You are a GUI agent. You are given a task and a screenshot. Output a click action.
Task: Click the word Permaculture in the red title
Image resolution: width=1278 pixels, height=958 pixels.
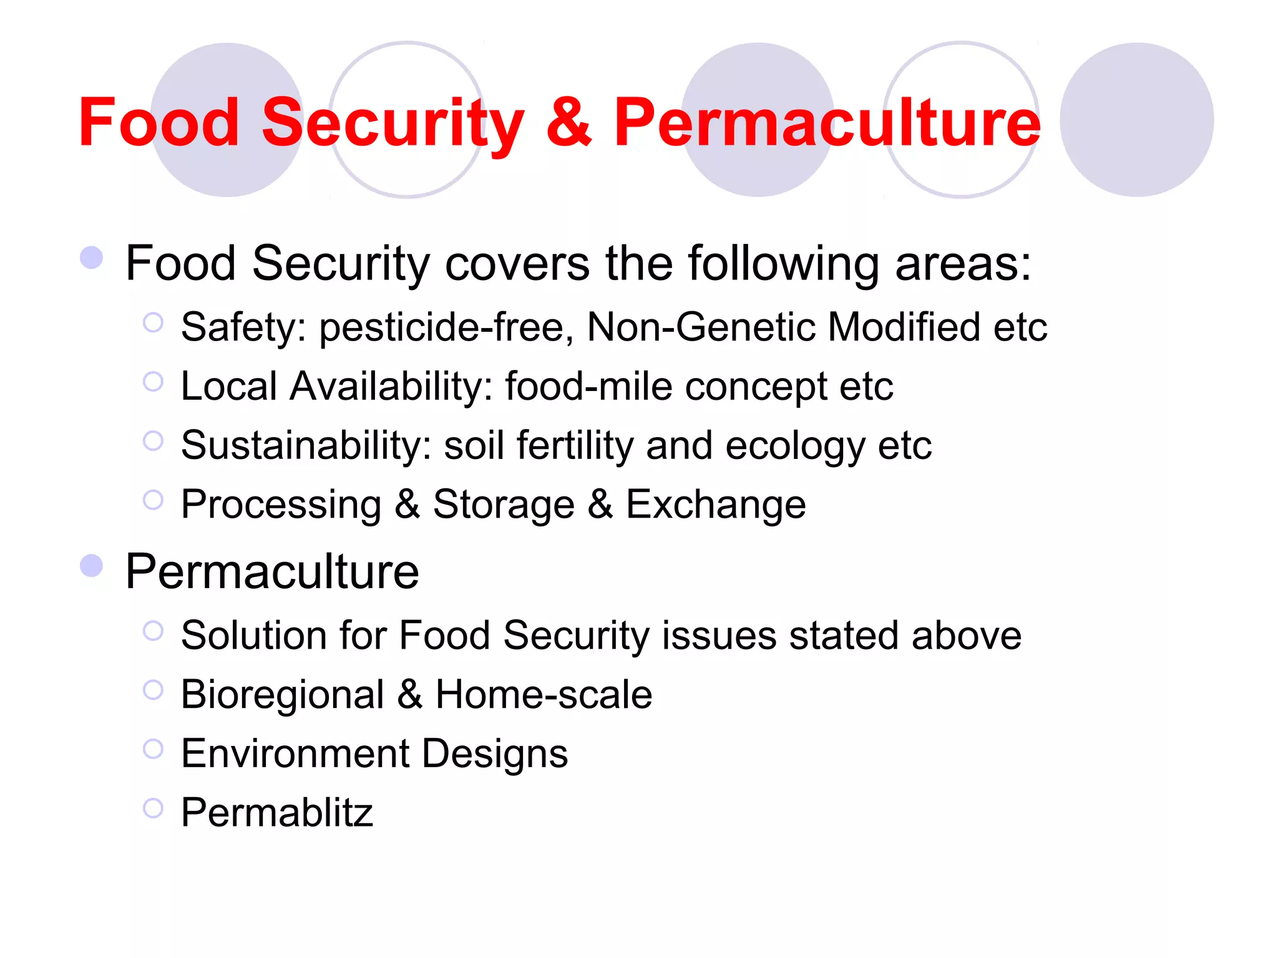pos(827,123)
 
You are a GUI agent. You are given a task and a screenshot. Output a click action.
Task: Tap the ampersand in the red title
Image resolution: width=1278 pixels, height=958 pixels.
pos(568,123)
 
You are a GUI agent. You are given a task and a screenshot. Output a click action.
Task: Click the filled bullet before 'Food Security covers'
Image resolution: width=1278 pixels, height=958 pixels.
pos(92,258)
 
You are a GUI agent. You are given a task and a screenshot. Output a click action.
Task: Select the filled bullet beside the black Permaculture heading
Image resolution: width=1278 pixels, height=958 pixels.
pos(92,566)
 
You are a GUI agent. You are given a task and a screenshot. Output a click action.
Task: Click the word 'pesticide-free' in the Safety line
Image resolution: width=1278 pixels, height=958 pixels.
pos(446,327)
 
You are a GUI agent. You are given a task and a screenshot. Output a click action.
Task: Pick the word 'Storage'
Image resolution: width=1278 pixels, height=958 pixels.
pos(504,504)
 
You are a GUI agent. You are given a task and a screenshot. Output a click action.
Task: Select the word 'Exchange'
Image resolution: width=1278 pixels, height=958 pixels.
pos(716,504)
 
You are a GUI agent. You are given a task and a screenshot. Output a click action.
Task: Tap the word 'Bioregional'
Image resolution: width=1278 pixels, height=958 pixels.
pos(283,695)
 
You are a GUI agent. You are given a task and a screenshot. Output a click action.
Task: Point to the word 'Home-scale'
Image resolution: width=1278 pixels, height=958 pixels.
pos(544,695)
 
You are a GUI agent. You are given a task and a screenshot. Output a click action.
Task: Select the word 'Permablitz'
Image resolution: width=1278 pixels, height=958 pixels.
pos(277,813)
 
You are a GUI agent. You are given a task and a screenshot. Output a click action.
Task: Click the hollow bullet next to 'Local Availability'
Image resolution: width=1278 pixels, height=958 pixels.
pos(153,382)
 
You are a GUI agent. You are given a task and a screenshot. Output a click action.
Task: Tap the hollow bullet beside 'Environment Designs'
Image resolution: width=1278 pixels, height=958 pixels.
pos(153,749)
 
